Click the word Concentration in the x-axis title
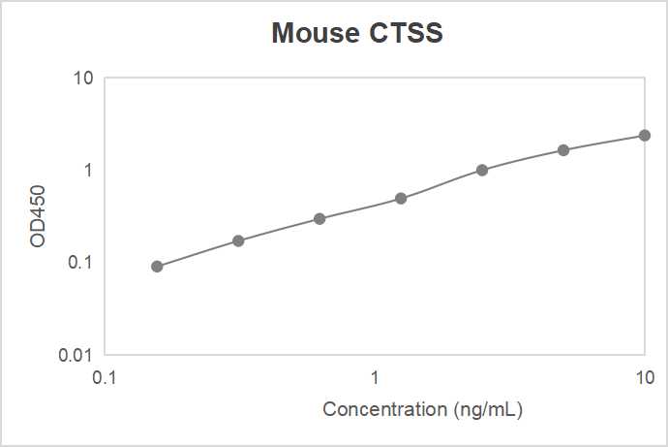click(x=385, y=409)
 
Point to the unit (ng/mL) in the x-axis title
click(x=488, y=409)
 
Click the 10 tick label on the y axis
click(x=82, y=78)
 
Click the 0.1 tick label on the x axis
click(x=105, y=375)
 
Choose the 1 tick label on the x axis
click(x=375, y=375)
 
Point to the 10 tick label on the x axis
click(x=644, y=375)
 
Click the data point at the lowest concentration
click(x=157, y=266)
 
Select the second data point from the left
click(x=238, y=240)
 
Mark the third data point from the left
click(x=319, y=218)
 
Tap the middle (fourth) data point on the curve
click(x=401, y=199)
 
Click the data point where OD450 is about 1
click(x=482, y=170)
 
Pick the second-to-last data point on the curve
click(x=563, y=150)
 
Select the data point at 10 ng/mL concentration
click(x=645, y=135)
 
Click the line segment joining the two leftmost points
click(x=197, y=253)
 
